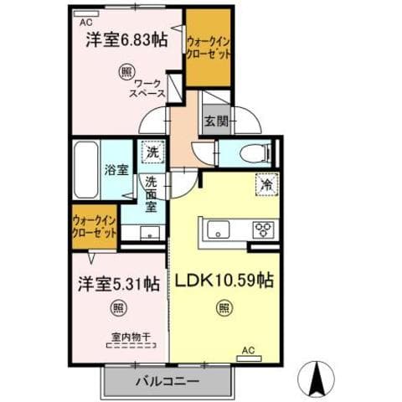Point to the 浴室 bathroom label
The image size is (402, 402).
click(116, 169)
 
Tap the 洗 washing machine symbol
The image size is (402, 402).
click(152, 152)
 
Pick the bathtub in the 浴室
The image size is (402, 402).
click(87, 168)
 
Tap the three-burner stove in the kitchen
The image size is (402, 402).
click(262, 229)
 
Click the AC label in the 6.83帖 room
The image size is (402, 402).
click(85, 23)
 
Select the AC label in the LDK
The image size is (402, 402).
click(248, 349)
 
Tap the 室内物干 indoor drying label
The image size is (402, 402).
click(130, 338)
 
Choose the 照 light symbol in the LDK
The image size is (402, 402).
click(224, 309)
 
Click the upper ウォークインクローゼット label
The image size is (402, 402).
click(209, 46)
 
